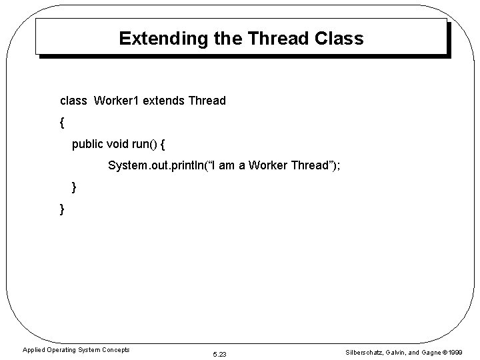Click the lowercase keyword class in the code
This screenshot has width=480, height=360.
(74, 101)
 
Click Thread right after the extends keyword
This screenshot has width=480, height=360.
(207, 101)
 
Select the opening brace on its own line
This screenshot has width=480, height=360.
(62, 123)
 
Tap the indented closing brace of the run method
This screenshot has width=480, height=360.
(74, 188)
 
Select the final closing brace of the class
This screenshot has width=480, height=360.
(62, 209)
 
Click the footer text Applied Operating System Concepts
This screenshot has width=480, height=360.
(76, 349)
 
